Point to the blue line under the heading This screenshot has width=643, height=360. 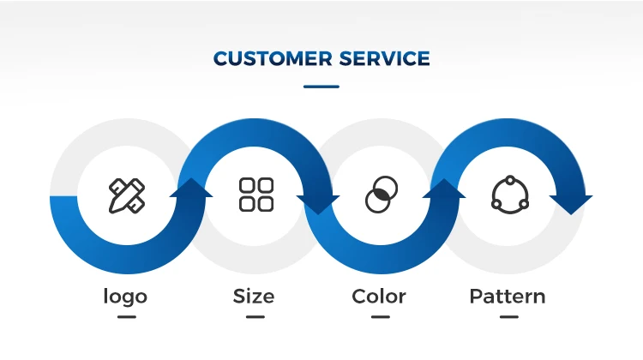(x=321, y=86)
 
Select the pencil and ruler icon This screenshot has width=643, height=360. (x=127, y=195)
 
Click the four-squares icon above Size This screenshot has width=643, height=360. (x=256, y=195)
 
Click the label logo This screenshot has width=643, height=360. (x=125, y=297)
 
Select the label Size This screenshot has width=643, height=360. (x=254, y=297)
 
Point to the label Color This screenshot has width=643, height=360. (x=379, y=297)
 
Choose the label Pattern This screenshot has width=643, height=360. (x=508, y=297)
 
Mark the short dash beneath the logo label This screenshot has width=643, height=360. (x=127, y=316)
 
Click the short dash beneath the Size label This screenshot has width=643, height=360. (x=255, y=316)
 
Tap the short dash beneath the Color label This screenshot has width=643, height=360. (x=381, y=316)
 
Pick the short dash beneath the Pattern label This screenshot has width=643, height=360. (x=508, y=316)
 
